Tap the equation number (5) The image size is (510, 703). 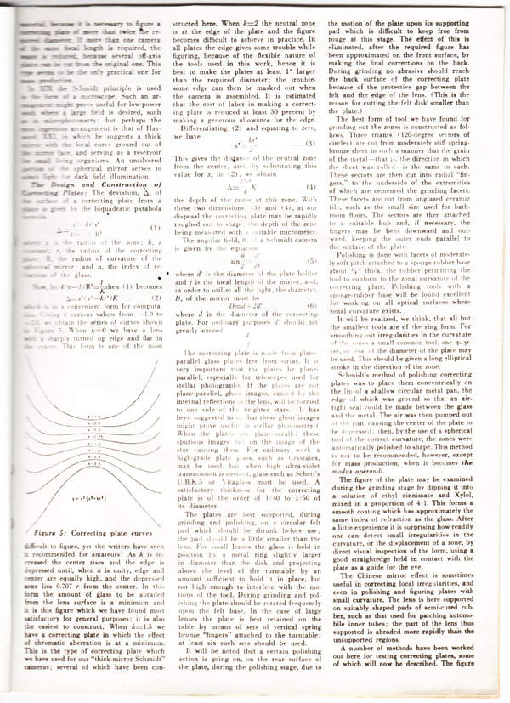(x=313, y=260)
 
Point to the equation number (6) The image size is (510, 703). (x=313, y=305)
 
